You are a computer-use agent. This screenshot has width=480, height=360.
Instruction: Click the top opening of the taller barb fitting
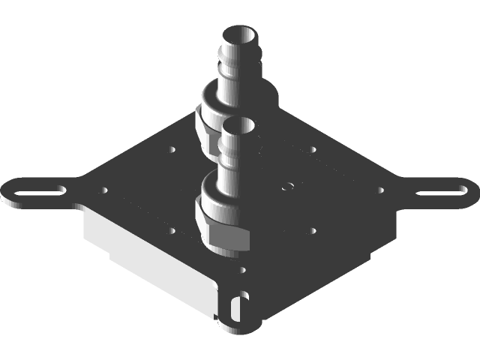pos(239,34)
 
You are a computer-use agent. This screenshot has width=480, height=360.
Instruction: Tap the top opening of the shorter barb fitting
pos(238,124)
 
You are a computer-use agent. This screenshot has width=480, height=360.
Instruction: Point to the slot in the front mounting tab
pos(238,307)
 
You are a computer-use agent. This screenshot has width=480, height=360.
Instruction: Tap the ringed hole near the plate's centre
pos(287,185)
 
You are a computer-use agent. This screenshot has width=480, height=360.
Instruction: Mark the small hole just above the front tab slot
pos(241,268)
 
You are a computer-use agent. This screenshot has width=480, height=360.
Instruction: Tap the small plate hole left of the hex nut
pos(173,229)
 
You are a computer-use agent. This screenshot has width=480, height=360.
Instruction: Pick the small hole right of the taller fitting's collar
pos(313,149)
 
